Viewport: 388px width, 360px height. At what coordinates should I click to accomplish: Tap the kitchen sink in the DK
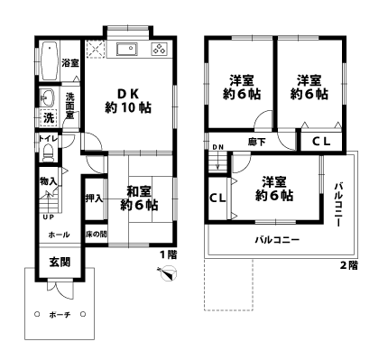tap(126, 49)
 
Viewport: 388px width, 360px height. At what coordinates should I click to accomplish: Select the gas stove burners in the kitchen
tap(158, 50)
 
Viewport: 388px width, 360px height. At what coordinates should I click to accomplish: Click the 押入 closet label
tap(93, 198)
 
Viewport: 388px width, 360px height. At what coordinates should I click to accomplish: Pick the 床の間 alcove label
tap(95, 235)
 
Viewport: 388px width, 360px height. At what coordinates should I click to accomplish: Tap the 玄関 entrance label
tap(59, 263)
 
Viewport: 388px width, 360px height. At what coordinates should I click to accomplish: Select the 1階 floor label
tap(167, 255)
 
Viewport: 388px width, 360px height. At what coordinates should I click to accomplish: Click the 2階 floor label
tap(348, 265)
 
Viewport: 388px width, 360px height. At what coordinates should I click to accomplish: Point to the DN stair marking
tap(217, 147)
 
